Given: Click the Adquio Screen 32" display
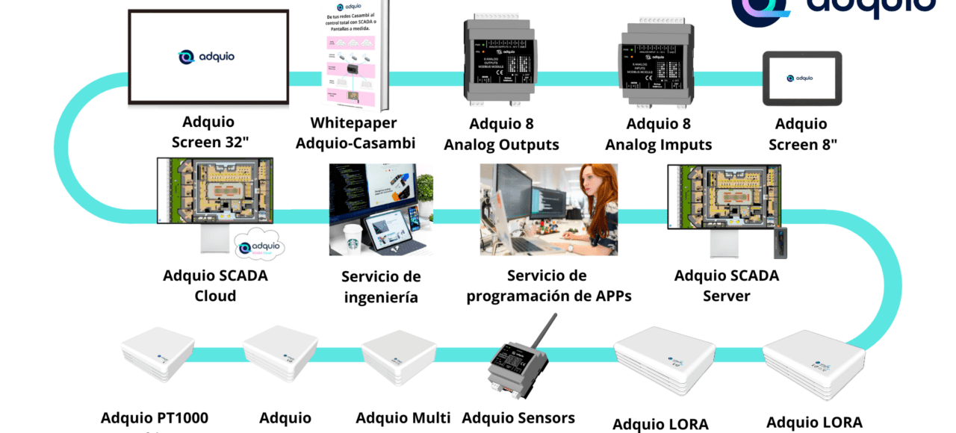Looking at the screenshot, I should (x=208, y=58).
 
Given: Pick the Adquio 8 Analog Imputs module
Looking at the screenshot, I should (x=658, y=65).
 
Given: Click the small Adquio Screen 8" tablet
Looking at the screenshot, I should (x=801, y=78).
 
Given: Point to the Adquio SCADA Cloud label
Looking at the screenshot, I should (x=215, y=286).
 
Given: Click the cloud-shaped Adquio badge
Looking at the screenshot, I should (x=259, y=246).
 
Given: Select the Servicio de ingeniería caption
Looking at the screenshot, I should (x=381, y=287).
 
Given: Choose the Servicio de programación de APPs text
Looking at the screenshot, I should (x=548, y=286).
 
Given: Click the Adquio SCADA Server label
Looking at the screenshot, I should (x=726, y=286).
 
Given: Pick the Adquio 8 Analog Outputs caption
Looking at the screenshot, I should (x=501, y=134).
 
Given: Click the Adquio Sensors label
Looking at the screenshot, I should (x=518, y=417).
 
